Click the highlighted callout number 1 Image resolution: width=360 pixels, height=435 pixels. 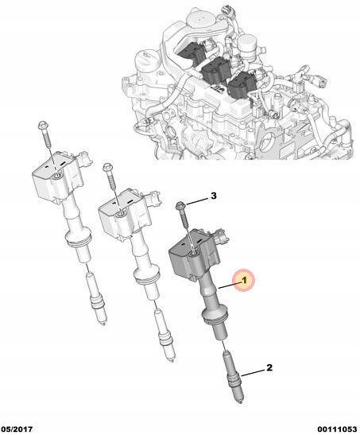(244, 281)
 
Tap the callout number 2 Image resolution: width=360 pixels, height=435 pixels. (269, 368)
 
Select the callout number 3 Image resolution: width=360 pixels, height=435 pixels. (214, 196)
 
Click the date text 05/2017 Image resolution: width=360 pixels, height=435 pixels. (17, 429)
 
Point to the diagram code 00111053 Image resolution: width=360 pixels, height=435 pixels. (337, 429)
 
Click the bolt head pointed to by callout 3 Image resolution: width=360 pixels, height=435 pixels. (180, 206)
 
